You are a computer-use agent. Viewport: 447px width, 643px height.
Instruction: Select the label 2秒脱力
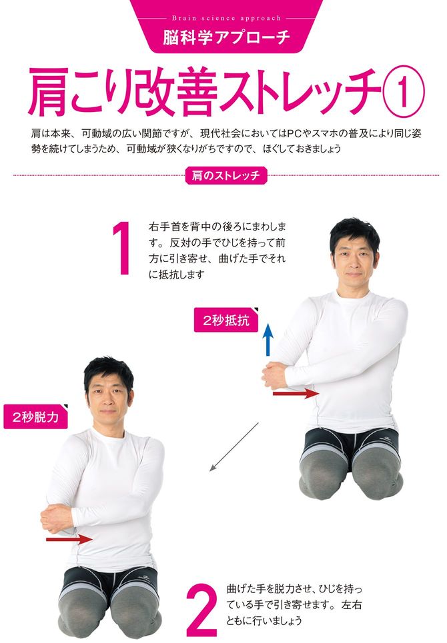(x=35, y=417)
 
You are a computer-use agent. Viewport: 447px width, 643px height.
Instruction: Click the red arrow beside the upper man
(x=296, y=394)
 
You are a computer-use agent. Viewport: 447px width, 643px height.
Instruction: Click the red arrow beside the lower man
(x=69, y=538)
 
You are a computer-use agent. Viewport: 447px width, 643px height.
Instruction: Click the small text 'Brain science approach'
(x=227, y=18)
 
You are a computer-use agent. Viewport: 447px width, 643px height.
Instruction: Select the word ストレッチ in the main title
(x=300, y=93)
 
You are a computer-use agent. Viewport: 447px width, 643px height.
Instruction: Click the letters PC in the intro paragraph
(x=292, y=133)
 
